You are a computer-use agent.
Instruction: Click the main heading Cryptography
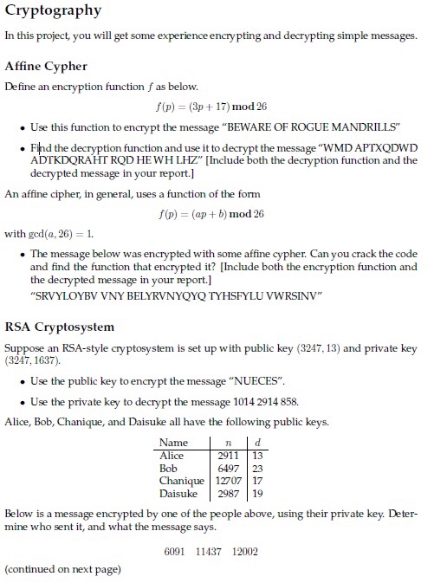pyautogui.click(x=53, y=11)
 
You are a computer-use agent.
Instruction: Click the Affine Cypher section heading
pyautogui.click(x=46, y=66)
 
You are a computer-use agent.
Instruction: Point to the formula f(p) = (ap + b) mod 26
pyautogui.click(x=211, y=214)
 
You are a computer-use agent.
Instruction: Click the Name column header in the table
pyautogui.click(x=174, y=442)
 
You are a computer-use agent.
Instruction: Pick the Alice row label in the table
pyautogui.click(x=172, y=455)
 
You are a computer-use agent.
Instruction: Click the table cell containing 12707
pyautogui.click(x=228, y=481)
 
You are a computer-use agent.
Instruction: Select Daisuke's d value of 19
pyautogui.click(x=257, y=494)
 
